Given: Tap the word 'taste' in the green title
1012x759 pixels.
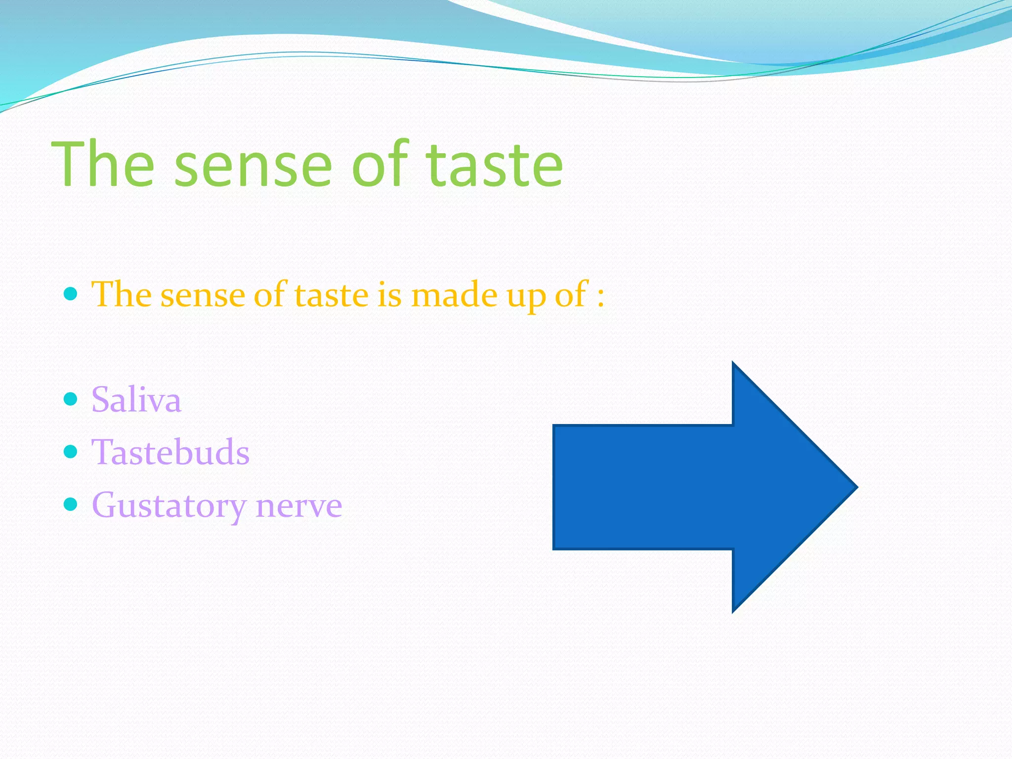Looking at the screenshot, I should pos(494,166).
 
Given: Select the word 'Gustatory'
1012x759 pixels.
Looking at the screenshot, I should pos(169,506).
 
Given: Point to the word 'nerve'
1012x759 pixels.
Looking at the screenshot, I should pos(299,506).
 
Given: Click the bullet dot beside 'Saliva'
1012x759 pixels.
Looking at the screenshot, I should pos(71,398).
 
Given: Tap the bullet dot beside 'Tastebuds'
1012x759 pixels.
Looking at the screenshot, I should pos(71,451).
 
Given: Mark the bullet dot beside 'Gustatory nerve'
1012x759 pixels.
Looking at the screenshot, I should pos(71,504).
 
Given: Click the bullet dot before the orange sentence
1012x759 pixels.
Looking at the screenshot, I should pos(71,294).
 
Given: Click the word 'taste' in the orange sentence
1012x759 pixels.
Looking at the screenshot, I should pos(332,295).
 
